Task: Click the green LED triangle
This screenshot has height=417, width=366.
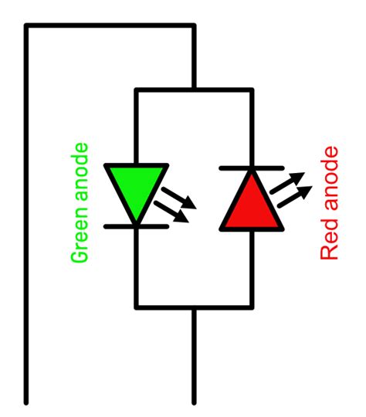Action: [136, 187]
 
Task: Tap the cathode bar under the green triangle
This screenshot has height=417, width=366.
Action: [136, 226]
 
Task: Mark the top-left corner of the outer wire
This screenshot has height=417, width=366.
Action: [26, 25]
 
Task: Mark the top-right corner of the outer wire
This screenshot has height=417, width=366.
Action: [194, 25]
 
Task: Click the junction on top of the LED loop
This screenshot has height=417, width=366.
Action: [194, 90]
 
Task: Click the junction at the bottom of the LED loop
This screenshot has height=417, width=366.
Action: [194, 307]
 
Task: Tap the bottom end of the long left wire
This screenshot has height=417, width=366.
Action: [26, 402]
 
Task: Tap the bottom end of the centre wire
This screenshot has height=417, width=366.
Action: [194, 402]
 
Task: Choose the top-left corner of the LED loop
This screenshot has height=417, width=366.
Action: [136, 90]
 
